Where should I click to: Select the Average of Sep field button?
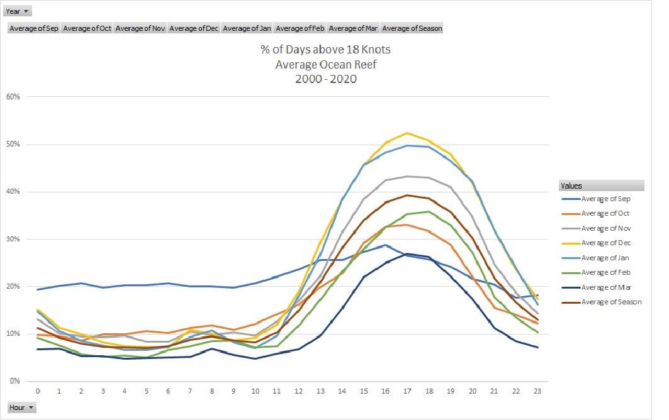coord(33,28)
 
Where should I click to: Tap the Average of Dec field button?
coord(194,28)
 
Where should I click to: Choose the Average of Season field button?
coord(412,28)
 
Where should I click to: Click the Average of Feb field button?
coord(300,28)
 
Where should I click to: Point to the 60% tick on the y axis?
coord(14,97)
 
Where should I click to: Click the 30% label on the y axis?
coord(14,239)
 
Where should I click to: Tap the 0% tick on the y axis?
coord(16,381)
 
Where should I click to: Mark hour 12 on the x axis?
coord(300,391)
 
